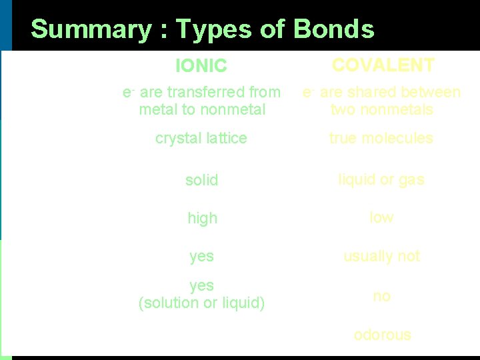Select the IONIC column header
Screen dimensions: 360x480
coord(201,66)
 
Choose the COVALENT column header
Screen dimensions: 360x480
coord(383,65)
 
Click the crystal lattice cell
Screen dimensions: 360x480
coord(201,138)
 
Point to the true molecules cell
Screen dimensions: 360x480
coord(381,138)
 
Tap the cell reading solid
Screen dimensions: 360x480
coord(202,180)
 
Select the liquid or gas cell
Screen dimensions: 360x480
coord(381,179)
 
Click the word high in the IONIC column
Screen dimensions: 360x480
coord(202,218)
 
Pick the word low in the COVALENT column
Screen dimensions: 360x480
coord(382,217)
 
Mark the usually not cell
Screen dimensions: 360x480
coord(381,256)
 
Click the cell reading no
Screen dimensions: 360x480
coord(382,296)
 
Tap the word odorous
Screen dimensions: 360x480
coord(382,335)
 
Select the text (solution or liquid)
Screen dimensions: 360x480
coord(201,303)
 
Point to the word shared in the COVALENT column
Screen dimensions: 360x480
coord(371,92)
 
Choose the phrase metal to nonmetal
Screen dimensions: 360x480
coord(202,109)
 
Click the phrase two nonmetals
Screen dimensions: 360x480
coord(382,109)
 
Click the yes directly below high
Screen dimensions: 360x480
coord(202,256)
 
